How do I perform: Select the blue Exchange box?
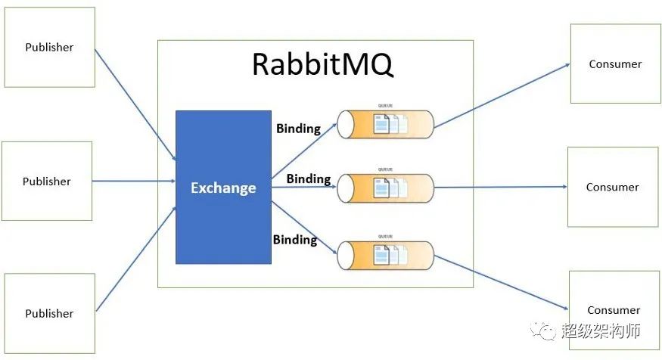pyautogui.click(x=223, y=188)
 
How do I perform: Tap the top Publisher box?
pyautogui.click(x=50, y=47)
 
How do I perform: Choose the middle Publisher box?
pyautogui.click(x=47, y=182)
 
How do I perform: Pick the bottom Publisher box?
pyautogui.click(x=50, y=313)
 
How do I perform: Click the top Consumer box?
pyautogui.click(x=615, y=64)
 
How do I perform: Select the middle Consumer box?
pyautogui.click(x=613, y=187)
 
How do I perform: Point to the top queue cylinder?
pyautogui.click(x=385, y=124)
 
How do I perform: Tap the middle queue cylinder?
pyautogui.click(x=385, y=187)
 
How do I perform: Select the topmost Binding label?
pyautogui.click(x=298, y=129)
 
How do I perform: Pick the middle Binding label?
pyautogui.click(x=309, y=179)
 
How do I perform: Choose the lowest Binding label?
pyautogui.click(x=295, y=240)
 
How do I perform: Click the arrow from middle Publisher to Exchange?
pyautogui.click(x=135, y=182)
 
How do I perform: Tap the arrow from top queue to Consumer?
pyautogui.click(x=502, y=95)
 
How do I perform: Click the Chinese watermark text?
pyautogui.click(x=601, y=331)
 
